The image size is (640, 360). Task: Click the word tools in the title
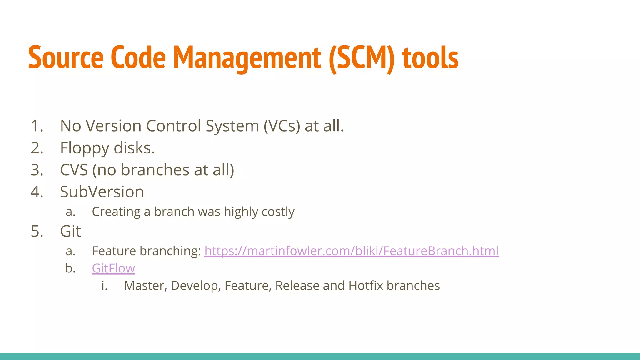tap(430, 58)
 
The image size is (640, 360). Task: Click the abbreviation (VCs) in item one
tap(282, 126)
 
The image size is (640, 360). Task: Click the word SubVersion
tap(102, 192)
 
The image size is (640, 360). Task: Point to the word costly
tap(278, 212)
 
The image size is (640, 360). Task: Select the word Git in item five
tap(70, 232)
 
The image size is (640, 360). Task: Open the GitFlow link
tap(113, 268)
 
